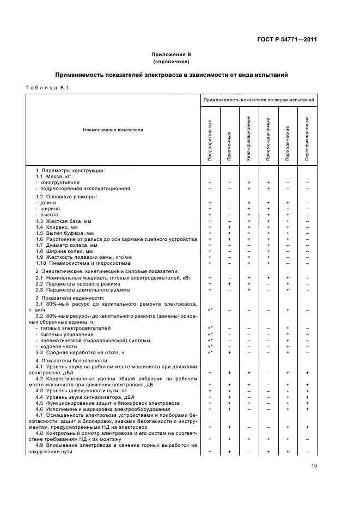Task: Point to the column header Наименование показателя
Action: coord(113,130)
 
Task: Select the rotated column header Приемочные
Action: coord(229,147)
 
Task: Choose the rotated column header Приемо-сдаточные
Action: coord(268,139)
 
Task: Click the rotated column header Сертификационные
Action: coord(307,137)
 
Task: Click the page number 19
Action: coord(314,465)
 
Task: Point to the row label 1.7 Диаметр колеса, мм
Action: coord(64,245)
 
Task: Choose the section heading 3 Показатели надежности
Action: coord(70,298)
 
